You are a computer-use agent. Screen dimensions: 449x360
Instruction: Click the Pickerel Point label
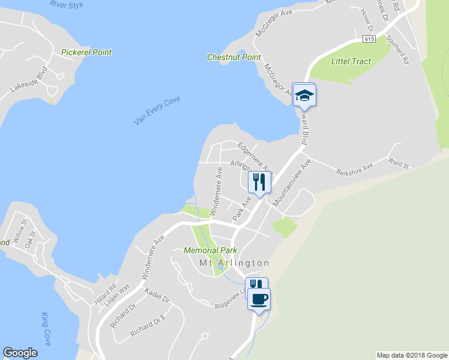tap(86, 52)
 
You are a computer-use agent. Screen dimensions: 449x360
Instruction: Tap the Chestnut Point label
tap(234, 58)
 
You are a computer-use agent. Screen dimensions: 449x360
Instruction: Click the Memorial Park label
tap(210, 250)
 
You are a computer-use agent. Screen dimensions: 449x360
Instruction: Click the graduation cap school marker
tap(304, 94)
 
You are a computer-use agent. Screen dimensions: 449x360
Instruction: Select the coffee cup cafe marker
tap(259, 298)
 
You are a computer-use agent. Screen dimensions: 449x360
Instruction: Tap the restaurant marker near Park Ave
tap(259, 181)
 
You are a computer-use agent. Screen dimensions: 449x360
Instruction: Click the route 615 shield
tap(369, 38)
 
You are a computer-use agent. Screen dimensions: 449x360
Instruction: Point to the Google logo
tap(20, 353)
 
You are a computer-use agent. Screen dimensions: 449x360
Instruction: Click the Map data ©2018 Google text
tap(412, 355)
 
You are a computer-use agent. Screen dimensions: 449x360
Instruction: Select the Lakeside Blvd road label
tap(28, 82)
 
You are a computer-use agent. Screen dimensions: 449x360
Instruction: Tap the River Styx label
tap(67, 4)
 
